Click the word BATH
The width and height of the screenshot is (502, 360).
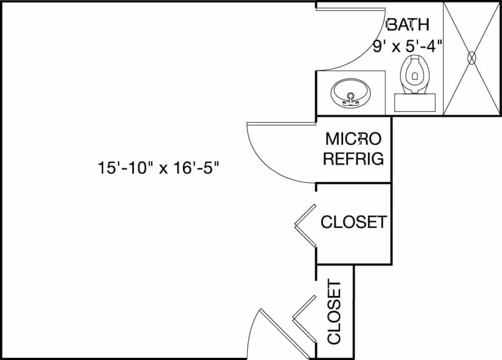click(408, 24)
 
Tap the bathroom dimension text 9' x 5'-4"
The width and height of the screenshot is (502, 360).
click(408, 47)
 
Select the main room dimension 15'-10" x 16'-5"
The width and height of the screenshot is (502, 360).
click(158, 168)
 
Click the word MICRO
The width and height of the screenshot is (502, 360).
click(353, 139)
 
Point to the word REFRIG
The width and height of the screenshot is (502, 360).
click(353, 159)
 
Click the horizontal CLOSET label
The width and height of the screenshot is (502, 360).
click(353, 222)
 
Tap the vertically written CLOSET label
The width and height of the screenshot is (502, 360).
click(334, 312)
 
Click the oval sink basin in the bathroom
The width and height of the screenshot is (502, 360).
click(351, 93)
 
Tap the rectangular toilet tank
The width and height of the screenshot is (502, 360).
click(415, 102)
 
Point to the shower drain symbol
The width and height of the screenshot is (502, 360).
click(472, 58)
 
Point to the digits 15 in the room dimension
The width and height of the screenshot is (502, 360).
click(104, 168)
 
